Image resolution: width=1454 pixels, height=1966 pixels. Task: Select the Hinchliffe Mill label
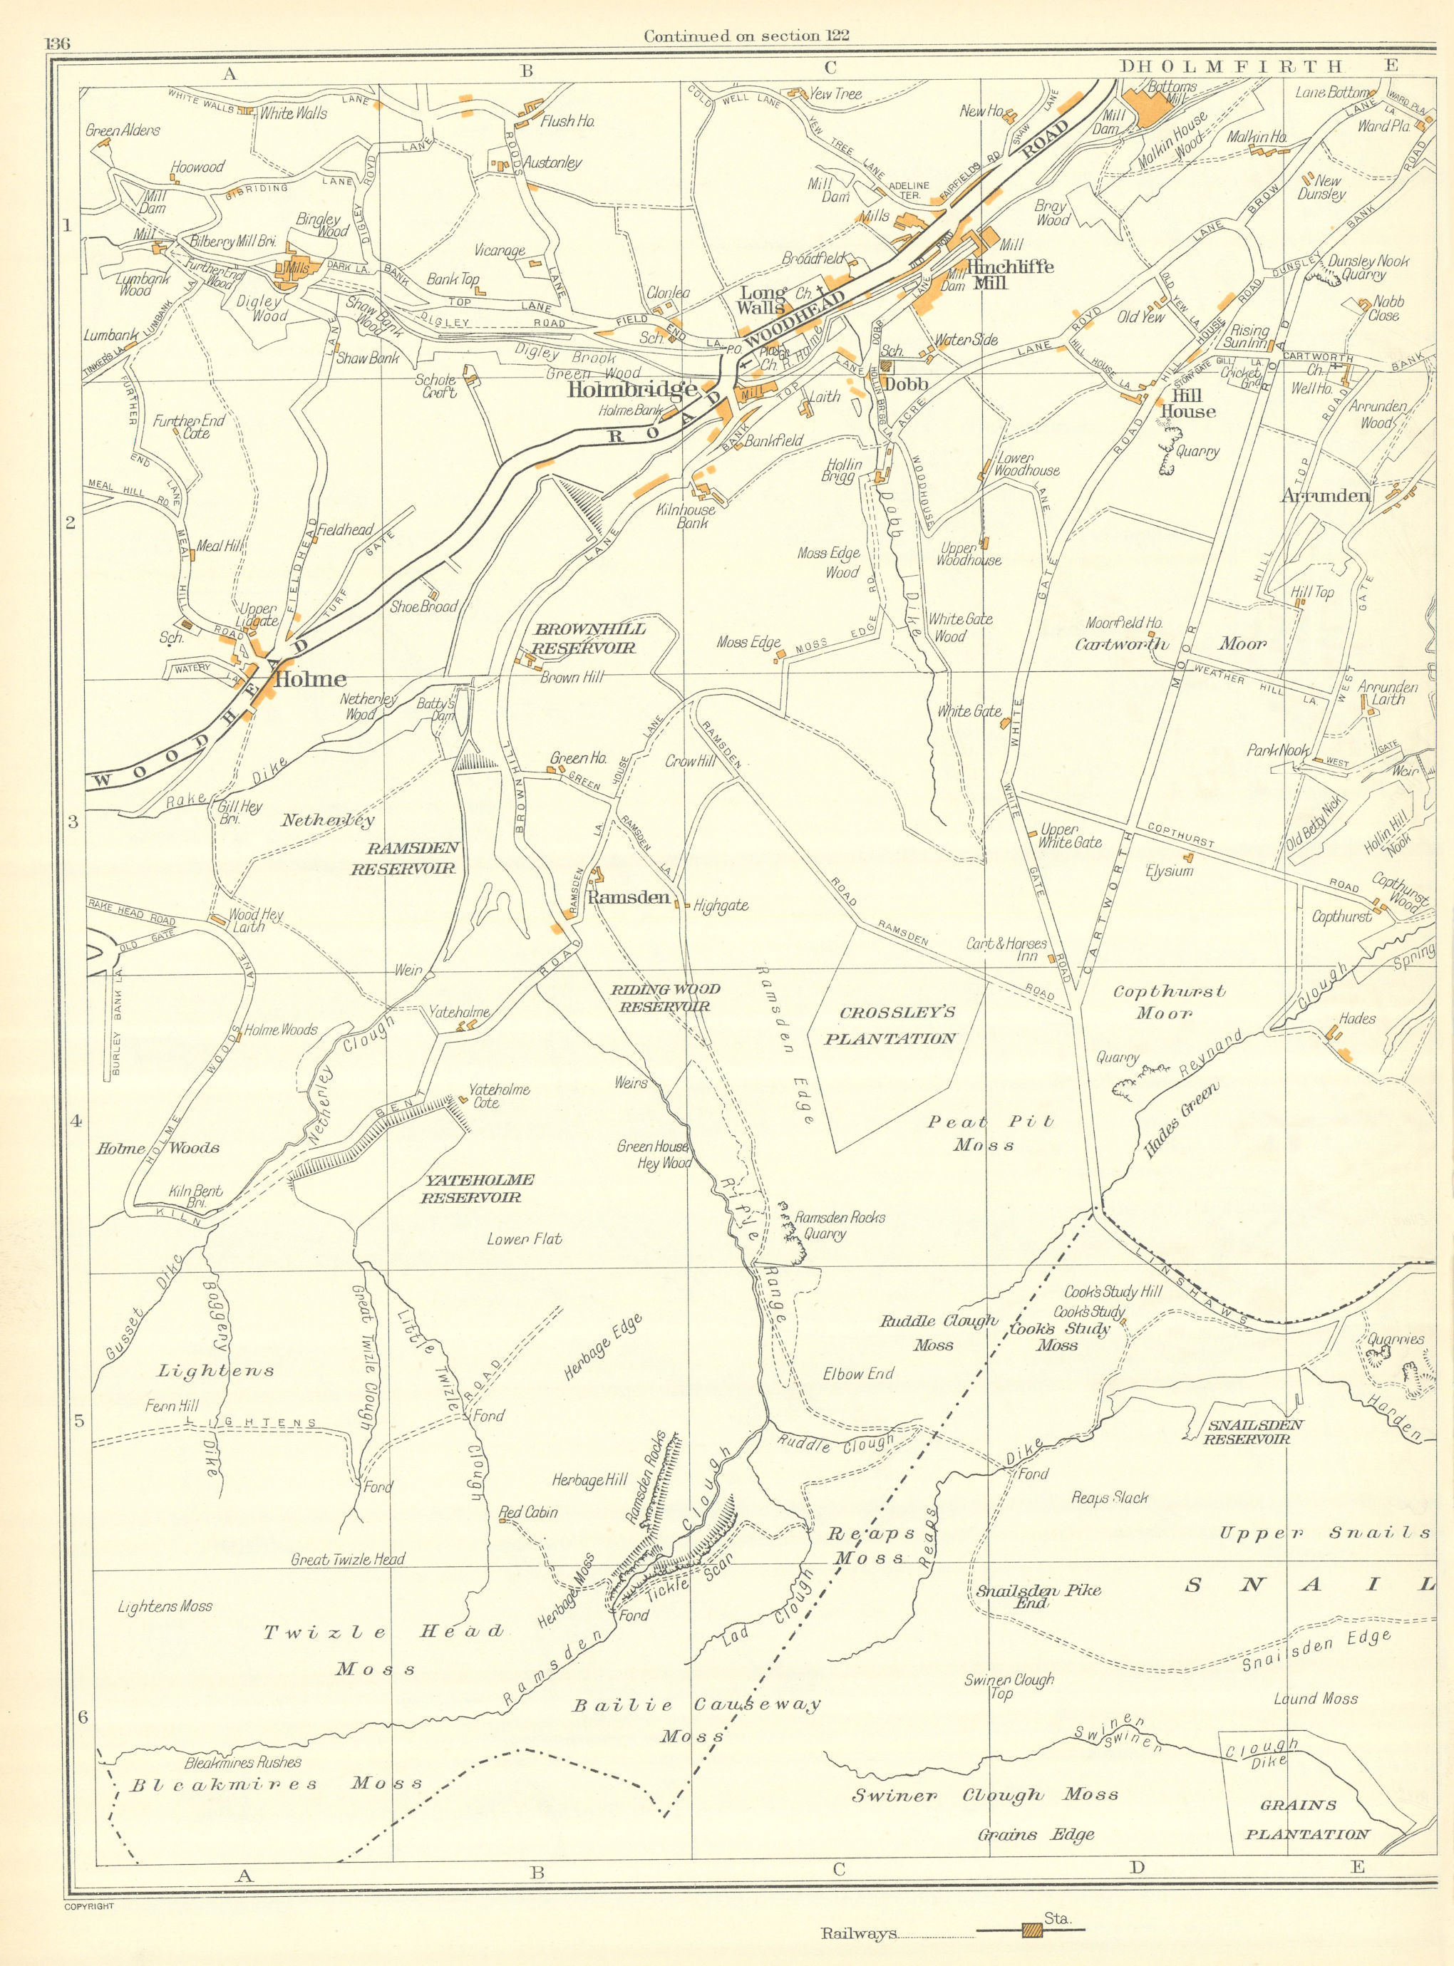997,273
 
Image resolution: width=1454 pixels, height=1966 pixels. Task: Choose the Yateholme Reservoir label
471,1189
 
